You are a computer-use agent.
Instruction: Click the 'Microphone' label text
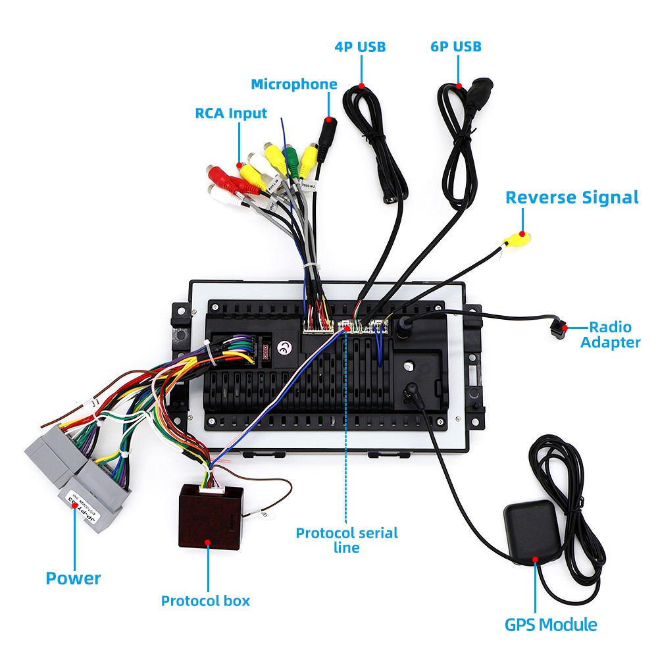click(294, 84)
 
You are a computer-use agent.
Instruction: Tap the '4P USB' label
click(360, 47)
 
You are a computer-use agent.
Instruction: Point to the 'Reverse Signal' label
click(572, 197)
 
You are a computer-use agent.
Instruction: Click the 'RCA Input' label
click(231, 113)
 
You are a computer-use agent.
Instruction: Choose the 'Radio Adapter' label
click(610, 334)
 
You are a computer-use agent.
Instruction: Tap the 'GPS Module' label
click(551, 624)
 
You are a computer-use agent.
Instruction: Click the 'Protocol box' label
click(205, 600)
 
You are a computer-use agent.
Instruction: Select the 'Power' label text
click(73, 578)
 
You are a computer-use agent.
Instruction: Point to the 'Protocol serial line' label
click(347, 540)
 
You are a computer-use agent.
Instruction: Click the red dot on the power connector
click(74, 505)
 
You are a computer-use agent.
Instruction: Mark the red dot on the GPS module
click(536, 560)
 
